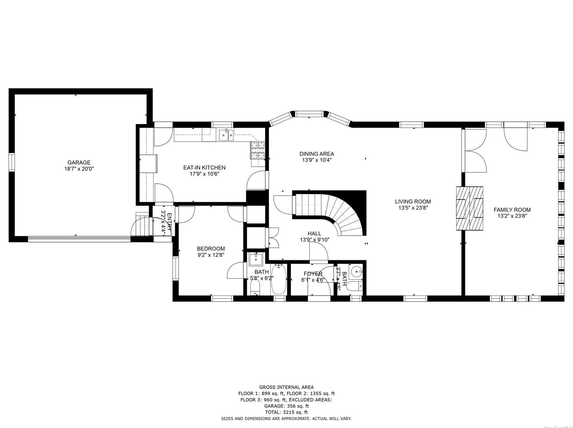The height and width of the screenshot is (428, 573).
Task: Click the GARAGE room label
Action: click(x=79, y=162)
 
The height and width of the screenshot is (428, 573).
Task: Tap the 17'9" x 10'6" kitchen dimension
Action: click(x=204, y=174)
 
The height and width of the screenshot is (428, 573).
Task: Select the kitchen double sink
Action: click(x=226, y=135)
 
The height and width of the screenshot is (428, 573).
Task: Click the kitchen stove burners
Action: click(x=258, y=151)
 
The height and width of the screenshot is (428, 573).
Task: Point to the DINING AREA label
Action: click(x=317, y=154)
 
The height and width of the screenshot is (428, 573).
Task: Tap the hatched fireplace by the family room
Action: click(x=469, y=208)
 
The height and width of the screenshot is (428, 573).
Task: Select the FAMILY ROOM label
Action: click(x=512, y=210)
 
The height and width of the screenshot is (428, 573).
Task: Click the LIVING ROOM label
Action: click(x=413, y=201)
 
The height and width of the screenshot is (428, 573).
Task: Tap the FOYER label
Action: click(x=313, y=274)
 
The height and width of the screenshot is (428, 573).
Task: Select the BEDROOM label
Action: click(x=211, y=249)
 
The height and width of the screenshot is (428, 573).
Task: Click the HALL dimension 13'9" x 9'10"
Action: click(x=315, y=240)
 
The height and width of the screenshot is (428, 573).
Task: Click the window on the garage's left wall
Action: click(x=12, y=162)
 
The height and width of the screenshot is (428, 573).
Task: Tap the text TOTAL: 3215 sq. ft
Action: click(x=286, y=412)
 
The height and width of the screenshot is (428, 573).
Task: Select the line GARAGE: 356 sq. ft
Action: click(x=286, y=406)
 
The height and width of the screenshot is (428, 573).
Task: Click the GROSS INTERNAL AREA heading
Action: click(x=286, y=387)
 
